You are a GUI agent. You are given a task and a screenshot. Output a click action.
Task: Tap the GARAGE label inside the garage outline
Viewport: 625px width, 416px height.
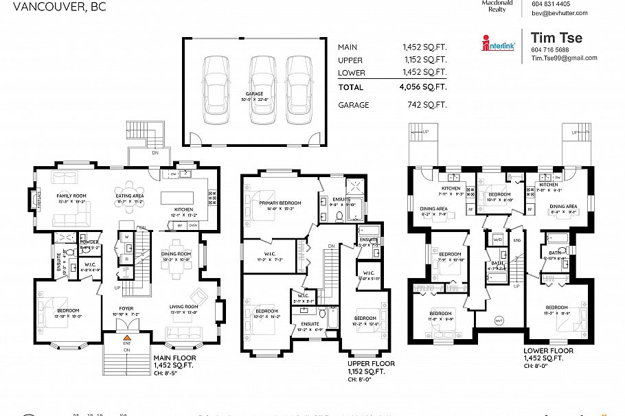(254, 93)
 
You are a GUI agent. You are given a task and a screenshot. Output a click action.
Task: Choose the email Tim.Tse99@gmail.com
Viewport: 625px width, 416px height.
(564, 58)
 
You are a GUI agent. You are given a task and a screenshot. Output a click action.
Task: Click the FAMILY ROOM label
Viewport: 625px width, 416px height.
(70, 196)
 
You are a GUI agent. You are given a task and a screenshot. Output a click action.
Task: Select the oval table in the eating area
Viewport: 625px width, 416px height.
(129, 192)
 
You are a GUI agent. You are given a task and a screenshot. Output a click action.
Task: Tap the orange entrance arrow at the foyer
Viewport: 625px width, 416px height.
(126, 338)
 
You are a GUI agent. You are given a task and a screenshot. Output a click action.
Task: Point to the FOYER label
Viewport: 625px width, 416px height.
(126, 309)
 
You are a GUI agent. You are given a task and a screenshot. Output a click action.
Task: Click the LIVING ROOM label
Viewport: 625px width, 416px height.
(184, 306)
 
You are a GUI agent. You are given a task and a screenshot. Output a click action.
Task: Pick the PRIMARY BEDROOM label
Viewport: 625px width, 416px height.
(280, 203)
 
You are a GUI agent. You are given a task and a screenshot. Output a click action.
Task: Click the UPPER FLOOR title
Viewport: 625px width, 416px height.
(371, 363)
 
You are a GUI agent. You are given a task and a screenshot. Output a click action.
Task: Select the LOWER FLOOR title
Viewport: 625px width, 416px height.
(547, 350)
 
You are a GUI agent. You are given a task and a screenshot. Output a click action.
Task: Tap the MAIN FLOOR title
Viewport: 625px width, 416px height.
(174, 358)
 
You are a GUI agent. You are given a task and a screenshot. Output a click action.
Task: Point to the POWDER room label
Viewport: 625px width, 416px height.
(89, 242)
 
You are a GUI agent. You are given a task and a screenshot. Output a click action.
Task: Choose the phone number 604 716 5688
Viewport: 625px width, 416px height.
(549, 49)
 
